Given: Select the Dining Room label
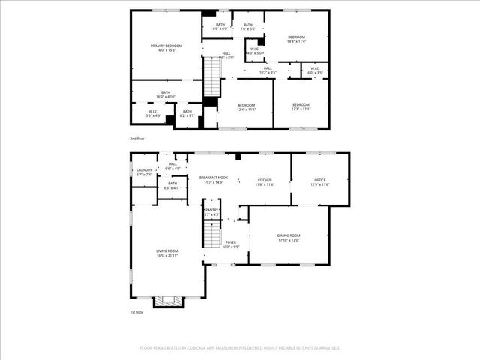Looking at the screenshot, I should (288, 235).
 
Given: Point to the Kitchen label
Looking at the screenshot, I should (265, 180).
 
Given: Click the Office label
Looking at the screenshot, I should (320, 180).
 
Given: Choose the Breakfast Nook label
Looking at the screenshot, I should (214, 178).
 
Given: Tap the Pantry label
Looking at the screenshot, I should (211, 211).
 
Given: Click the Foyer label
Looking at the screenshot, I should (230, 242).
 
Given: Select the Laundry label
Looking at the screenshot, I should (144, 170).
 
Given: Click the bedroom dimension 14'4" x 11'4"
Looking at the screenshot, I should (297, 41).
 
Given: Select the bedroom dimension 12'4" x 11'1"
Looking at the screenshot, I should (247, 109).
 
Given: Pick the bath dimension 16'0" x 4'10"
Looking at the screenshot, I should (166, 97).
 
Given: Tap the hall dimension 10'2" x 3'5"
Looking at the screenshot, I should (267, 73).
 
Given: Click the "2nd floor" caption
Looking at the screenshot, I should (136, 139).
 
